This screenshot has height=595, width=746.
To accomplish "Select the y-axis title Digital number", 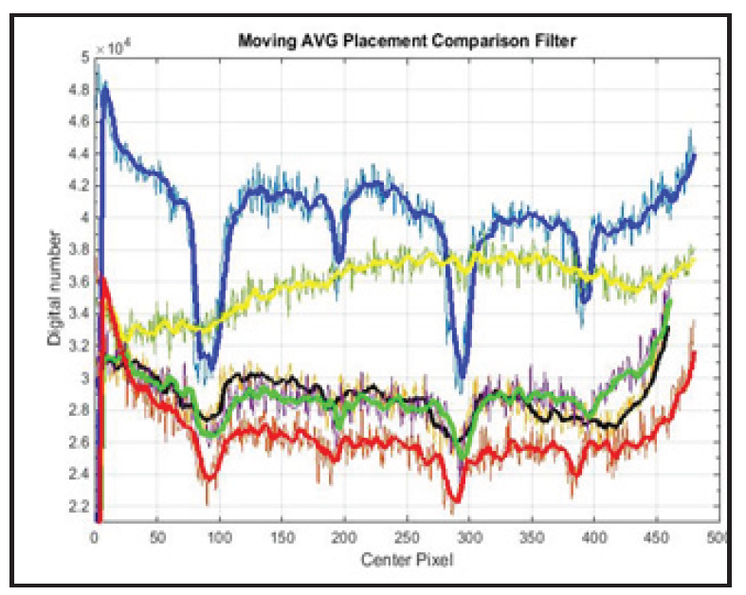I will (56, 290).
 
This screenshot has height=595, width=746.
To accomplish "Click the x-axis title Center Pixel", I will (406, 560).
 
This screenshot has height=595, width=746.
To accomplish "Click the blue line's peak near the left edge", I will (105, 84).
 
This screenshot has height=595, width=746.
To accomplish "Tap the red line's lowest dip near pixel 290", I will (457, 499).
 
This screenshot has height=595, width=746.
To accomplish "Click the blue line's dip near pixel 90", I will (209, 365).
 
